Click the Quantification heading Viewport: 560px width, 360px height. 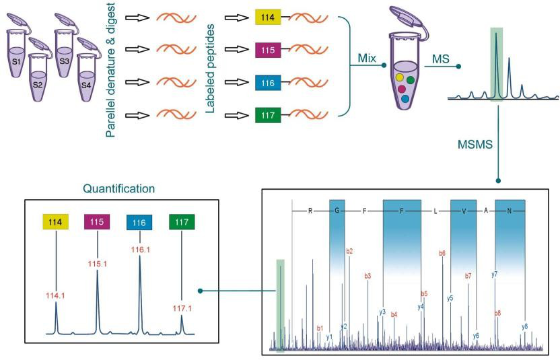click(120, 189)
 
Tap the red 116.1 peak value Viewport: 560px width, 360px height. click(139, 249)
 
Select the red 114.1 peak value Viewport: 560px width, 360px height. click(56, 295)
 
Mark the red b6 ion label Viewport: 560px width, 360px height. click(442, 254)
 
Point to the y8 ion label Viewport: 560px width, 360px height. click(524, 326)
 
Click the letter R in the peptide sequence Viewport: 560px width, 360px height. click(311, 211)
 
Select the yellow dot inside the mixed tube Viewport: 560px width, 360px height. click(399, 77)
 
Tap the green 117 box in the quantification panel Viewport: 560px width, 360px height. click(182, 221)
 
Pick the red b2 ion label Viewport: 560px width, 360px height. click(349, 251)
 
